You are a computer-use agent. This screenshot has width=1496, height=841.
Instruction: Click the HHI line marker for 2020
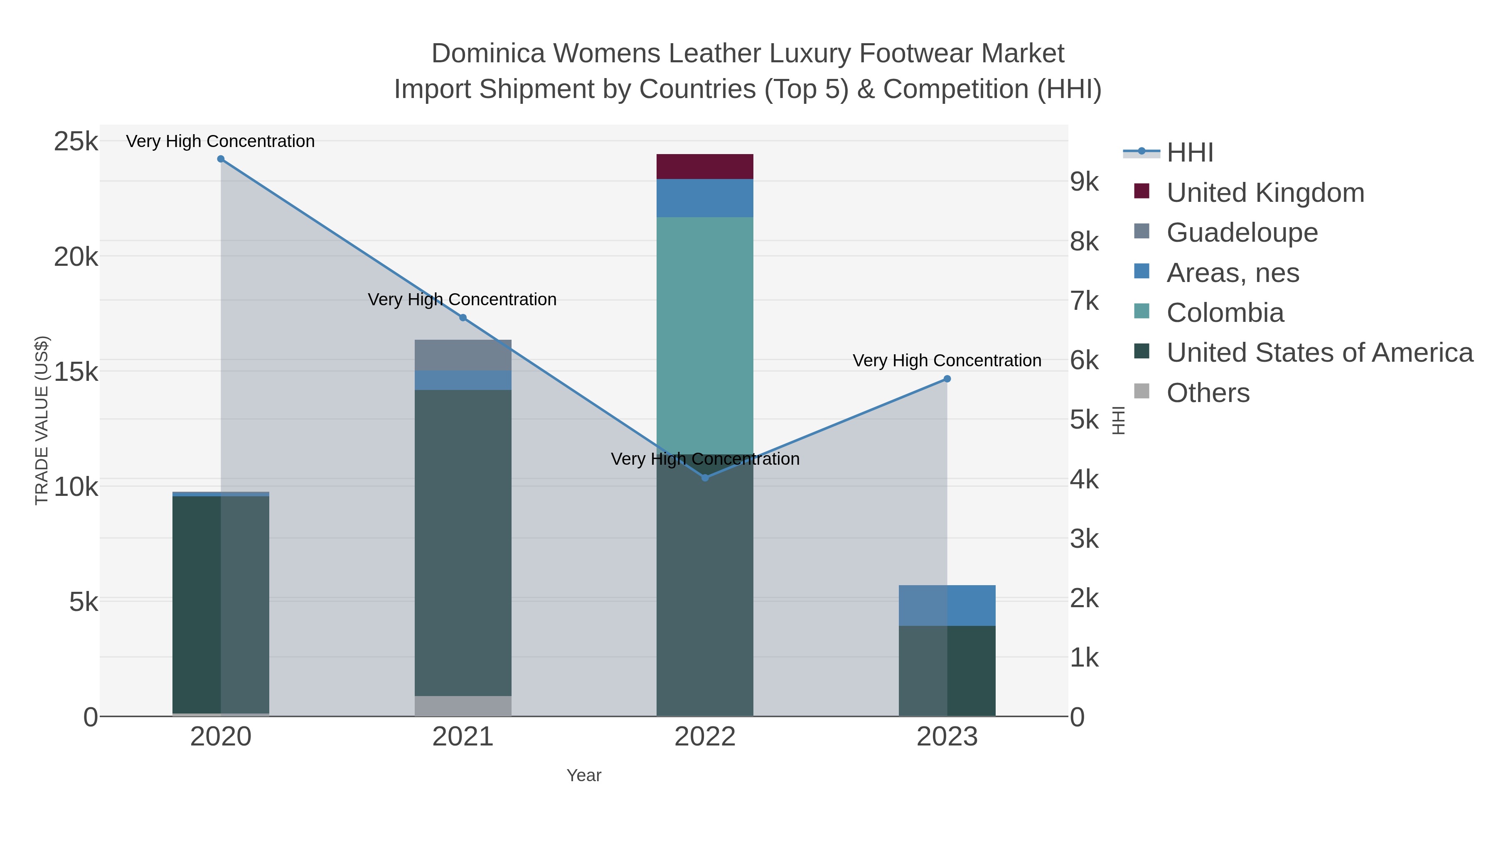point(221,159)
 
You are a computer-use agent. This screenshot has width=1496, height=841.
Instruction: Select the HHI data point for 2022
point(705,478)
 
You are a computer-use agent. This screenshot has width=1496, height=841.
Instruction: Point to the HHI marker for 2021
point(463,317)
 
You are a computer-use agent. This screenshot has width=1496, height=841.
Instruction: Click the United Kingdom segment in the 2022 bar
point(705,167)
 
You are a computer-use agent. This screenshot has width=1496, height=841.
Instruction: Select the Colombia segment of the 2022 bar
point(705,336)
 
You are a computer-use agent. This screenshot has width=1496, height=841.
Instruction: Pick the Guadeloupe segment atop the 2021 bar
point(463,355)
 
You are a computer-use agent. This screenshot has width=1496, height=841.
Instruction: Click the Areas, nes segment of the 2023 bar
point(947,606)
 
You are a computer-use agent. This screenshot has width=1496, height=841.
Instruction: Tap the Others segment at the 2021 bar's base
point(463,706)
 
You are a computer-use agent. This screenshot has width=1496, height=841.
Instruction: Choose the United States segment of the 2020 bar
point(221,603)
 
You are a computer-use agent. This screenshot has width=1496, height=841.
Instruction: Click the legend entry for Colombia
point(1225,313)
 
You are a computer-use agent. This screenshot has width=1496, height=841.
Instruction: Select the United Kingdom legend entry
point(1265,193)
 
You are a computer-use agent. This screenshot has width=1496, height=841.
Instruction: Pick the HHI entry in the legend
point(1189,153)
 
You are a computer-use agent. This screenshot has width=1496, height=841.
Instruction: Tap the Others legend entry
point(1208,393)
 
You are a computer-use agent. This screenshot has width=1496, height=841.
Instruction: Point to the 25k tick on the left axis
point(76,142)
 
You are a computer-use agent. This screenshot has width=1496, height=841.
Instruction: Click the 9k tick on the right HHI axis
point(1084,181)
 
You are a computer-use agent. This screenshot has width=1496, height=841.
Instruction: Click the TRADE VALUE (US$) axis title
point(42,420)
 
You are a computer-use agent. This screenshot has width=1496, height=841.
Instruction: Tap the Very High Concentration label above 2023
point(947,360)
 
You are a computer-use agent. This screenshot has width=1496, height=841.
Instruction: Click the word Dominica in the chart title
point(488,54)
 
